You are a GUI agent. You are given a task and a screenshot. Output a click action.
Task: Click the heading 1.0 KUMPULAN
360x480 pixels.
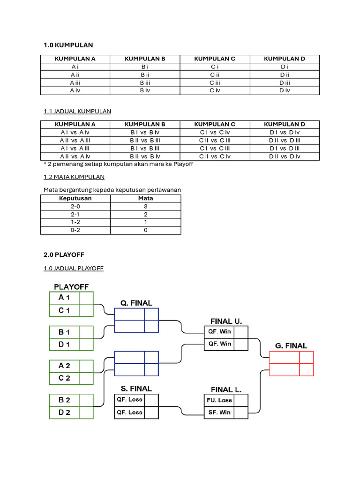(68, 45)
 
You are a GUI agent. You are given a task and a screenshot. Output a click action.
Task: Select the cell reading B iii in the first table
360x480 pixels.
(145, 82)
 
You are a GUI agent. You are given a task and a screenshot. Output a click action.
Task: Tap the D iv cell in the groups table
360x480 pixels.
(285, 90)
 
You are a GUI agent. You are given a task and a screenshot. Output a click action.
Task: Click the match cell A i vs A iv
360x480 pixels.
(75, 132)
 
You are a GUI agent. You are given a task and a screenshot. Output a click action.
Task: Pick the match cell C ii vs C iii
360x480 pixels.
(215, 140)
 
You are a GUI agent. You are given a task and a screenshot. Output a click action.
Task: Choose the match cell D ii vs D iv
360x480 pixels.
(285, 156)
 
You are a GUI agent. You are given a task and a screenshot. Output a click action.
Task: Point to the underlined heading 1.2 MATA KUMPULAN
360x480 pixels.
(74, 177)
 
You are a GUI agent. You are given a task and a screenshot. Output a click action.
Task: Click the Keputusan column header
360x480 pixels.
(75, 198)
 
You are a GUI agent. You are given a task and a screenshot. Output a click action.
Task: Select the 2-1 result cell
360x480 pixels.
(75, 214)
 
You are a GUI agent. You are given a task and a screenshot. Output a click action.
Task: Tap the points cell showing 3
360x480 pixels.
(145, 206)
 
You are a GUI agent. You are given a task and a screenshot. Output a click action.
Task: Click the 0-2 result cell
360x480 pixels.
(75, 230)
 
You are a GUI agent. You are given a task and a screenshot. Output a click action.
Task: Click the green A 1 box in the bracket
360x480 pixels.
(64, 298)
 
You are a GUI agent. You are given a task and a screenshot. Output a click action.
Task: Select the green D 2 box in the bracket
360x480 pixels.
(64, 412)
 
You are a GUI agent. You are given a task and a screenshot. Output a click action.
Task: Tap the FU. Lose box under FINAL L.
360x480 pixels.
(219, 400)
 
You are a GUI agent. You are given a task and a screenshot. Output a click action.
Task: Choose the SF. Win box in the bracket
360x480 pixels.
(219, 412)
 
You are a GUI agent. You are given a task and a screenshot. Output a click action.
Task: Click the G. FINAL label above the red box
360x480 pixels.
(291, 346)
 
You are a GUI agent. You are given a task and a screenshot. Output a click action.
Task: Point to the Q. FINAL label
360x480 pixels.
(136, 303)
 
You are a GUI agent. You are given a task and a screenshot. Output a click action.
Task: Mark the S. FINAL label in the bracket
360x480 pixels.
(136, 389)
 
